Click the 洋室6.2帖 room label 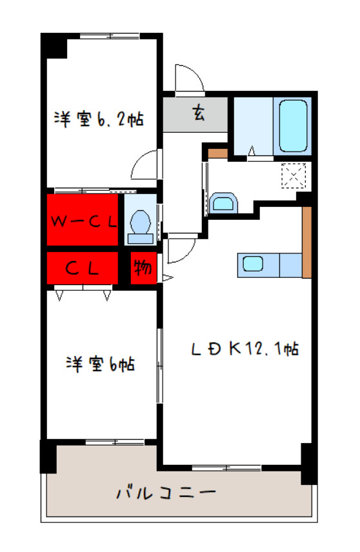point(98,119)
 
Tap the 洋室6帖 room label point(99,364)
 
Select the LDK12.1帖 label point(243,349)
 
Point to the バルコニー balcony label point(165,494)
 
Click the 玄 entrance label point(197,114)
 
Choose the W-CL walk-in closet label point(83,221)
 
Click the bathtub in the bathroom point(293,126)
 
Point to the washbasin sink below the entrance point(223,204)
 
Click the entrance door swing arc point(189,78)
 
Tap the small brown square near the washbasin point(219,153)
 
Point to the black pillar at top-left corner point(54,46)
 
